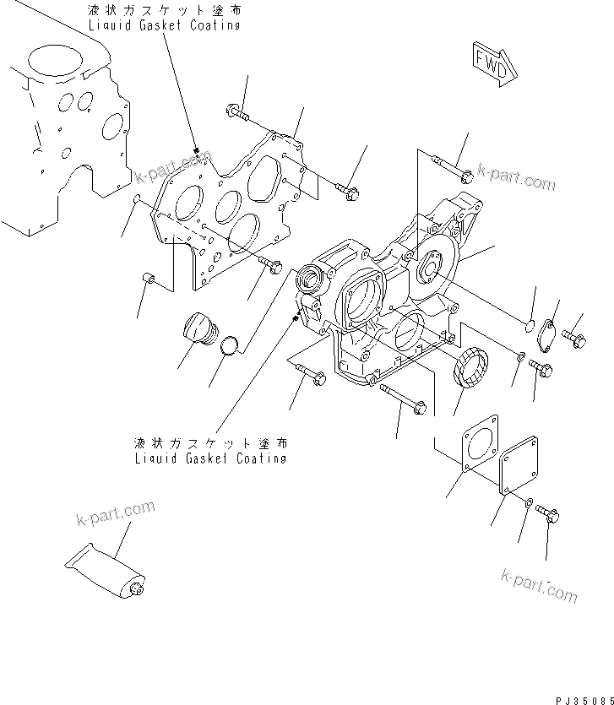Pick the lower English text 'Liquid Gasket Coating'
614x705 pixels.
click(210, 458)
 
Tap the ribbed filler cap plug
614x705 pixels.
click(199, 329)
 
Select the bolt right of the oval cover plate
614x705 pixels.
click(577, 339)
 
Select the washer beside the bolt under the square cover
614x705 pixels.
click(528, 503)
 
